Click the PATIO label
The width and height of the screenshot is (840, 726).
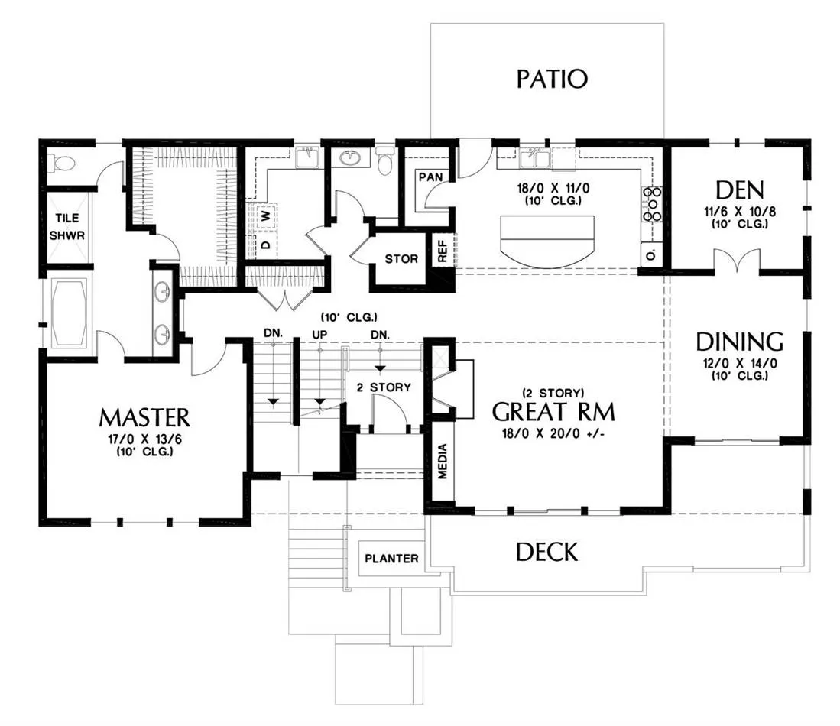click(x=552, y=79)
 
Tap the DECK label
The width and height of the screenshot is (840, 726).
click(x=547, y=552)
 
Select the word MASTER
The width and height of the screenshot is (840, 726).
click(x=144, y=418)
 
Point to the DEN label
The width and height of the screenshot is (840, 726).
click(x=739, y=190)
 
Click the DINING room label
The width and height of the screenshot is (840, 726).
click(x=739, y=342)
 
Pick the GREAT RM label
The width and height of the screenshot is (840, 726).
click(x=553, y=412)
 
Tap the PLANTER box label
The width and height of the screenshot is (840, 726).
click(x=391, y=559)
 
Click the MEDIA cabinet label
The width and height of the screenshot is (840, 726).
click(x=443, y=461)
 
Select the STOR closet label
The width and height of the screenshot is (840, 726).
click(x=401, y=259)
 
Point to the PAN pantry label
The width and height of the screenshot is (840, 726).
click(x=431, y=177)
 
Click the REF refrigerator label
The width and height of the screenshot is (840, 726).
click(x=443, y=251)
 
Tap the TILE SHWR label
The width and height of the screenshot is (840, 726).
click(x=67, y=227)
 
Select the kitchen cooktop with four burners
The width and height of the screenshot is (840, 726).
click(x=653, y=204)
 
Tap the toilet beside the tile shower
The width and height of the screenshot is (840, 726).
click(x=60, y=162)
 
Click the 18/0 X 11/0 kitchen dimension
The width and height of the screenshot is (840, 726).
click(x=553, y=188)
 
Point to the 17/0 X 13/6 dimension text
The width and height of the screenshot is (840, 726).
click(x=144, y=439)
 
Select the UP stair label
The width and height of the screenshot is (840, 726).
click(x=319, y=334)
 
